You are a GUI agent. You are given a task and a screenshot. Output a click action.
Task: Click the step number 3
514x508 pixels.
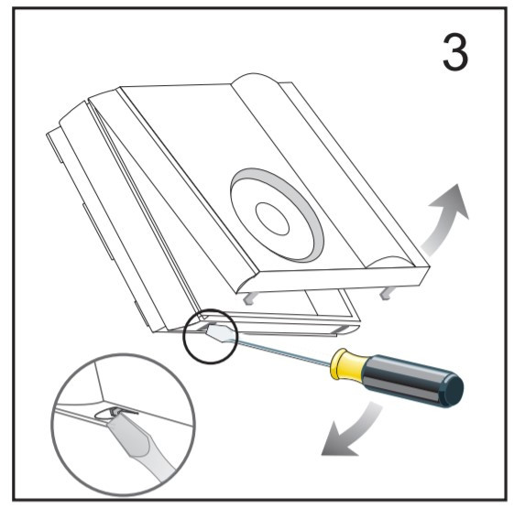coord(455,52)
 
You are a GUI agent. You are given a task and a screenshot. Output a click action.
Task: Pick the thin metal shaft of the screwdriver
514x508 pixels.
coord(283,352)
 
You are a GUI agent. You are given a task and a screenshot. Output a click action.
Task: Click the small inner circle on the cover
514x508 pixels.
coord(272,219)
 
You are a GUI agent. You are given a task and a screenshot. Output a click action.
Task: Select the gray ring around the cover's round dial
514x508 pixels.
coord(277,215)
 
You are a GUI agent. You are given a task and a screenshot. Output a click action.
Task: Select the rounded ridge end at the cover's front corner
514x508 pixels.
coord(393,263)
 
